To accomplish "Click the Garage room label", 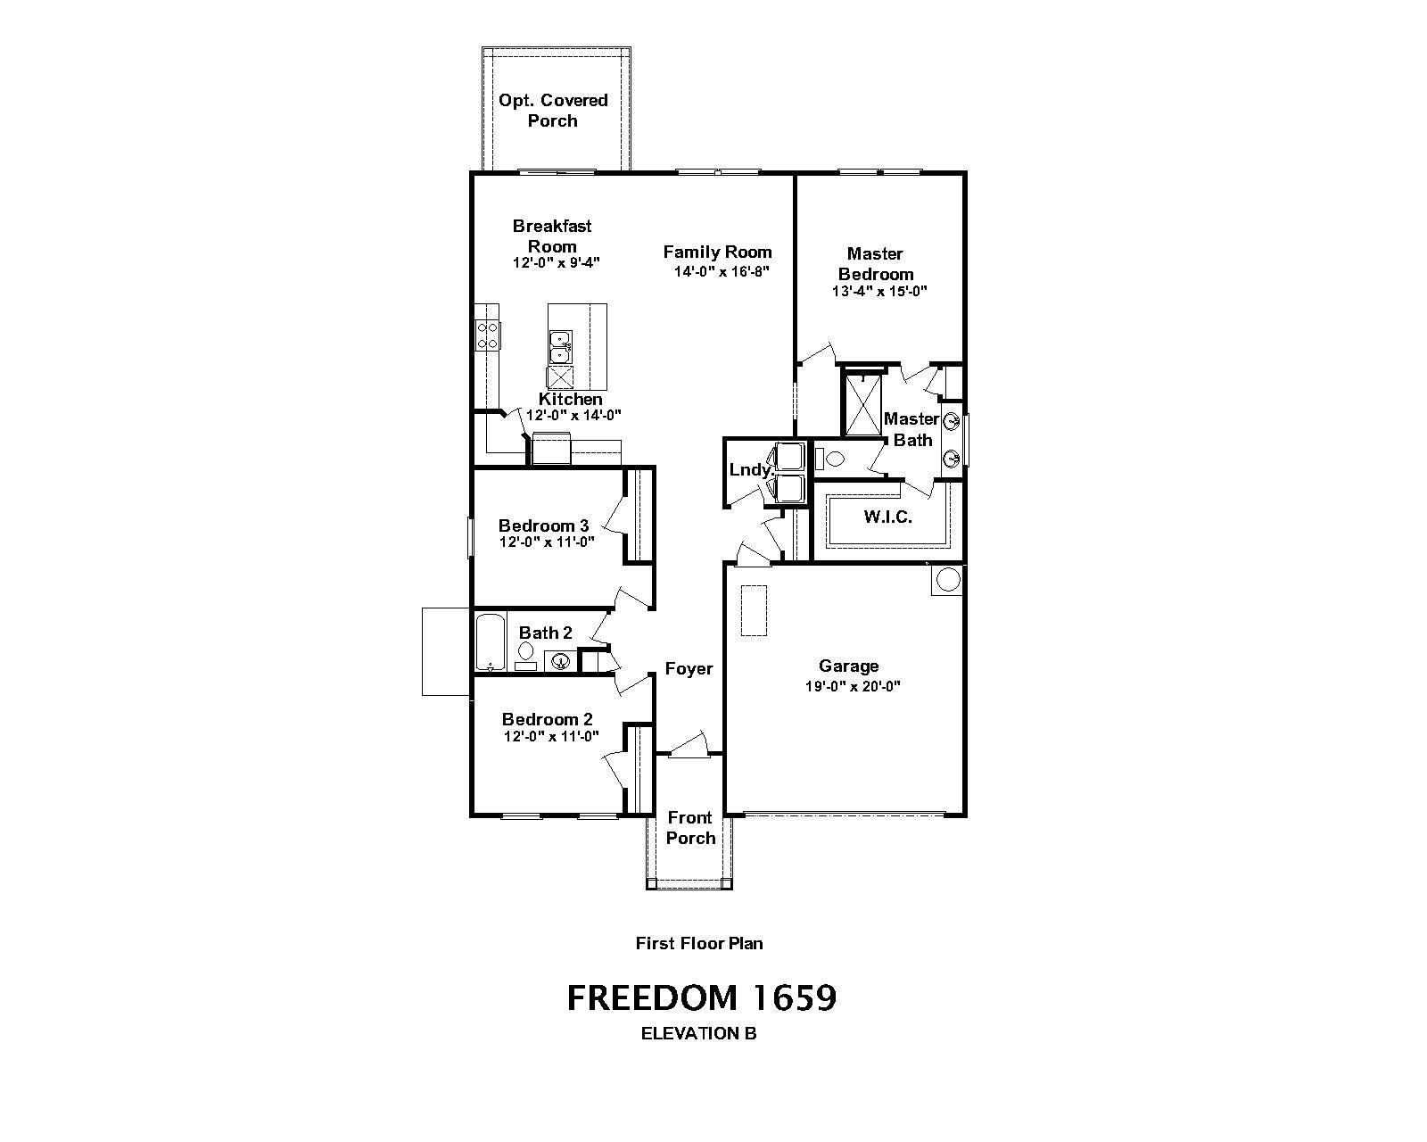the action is point(849,666).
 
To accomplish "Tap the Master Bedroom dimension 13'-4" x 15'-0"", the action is point(879,291).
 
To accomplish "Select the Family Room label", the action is point(717,252).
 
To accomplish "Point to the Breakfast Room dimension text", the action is point(557,262).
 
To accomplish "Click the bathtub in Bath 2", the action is point(491,642).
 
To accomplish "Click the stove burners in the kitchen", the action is point(487,335).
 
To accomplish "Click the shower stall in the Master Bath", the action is point(862,405).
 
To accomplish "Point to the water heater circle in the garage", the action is point(947,580).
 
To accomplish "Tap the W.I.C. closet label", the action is point(888,517).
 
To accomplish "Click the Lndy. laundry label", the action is point(751,470).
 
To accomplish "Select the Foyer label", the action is point(689,669).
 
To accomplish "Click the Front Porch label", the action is point(690,827).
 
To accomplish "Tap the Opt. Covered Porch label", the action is point(553,110).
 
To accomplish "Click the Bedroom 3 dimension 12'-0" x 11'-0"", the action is point(547,542).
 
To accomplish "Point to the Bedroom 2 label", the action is point(547,719).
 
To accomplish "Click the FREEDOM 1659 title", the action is point(702,998).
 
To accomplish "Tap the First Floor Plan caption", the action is point(699,944).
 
